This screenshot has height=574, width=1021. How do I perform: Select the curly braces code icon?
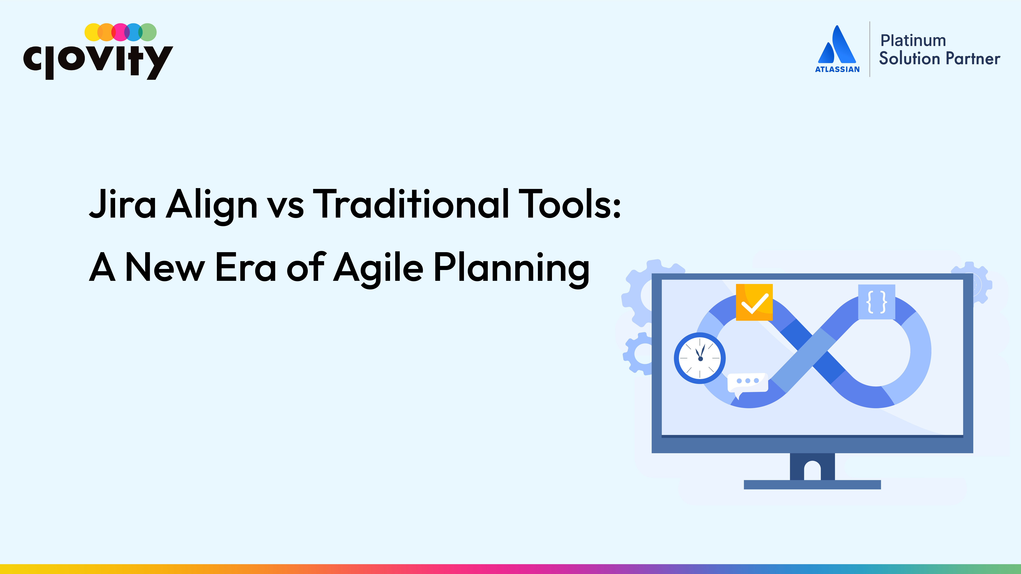click(x=877, y=302)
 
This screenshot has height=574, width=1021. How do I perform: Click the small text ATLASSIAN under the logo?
click(x=837, y=69)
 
